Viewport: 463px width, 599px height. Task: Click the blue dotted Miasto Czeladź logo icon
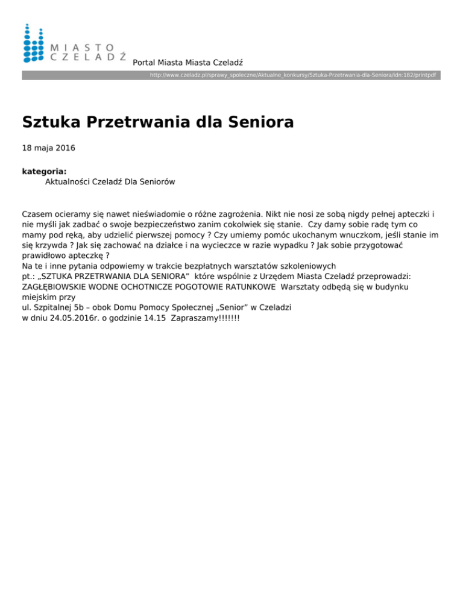pyautogui.click(x=33, y=43)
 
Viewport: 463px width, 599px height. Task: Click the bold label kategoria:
pyautogui.click(x=44, y=171)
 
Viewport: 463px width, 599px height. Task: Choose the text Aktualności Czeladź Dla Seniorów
pyautogui.click(x=110, y=181)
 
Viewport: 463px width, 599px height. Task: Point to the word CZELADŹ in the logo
pyautogui.click(x=87, y=56)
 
